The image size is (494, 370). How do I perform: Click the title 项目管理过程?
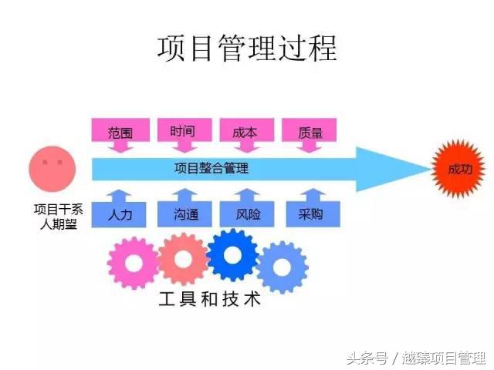click(247, 48)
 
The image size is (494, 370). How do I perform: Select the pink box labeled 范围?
click(119, 131)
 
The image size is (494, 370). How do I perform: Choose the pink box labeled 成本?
click(244, 131)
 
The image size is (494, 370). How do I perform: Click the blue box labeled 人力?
click(119, 214)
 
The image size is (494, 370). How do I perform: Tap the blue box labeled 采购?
click(309, 214)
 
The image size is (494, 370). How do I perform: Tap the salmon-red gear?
click(183, 258)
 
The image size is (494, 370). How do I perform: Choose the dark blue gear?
click(232, 254)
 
